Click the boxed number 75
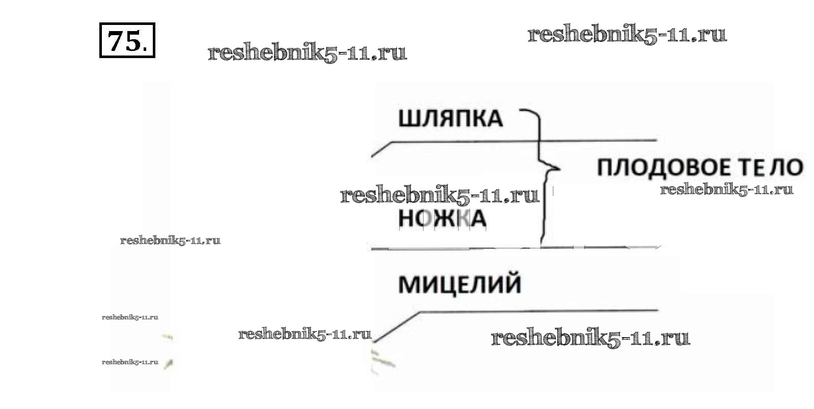pyautogui.click(x=126, y=40)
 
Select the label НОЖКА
pyautogui.click(x=442, y=219)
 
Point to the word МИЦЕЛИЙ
pyautogui.click(x=459, y=284)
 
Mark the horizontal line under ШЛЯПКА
pyautogui.click(x=525, y=141)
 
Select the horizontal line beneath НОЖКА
pyautogui.click(x=514, y=249)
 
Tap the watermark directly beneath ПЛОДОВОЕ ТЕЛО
pyautogui.click(x=726, y=190)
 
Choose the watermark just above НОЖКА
pyautogui.click(x=439, y=195)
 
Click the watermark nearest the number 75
pyautogui.click(x=307, y=52)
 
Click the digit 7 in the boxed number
pyautogui.click(x=117, y=40)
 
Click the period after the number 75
pyautogui.click(x=146, y=49)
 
